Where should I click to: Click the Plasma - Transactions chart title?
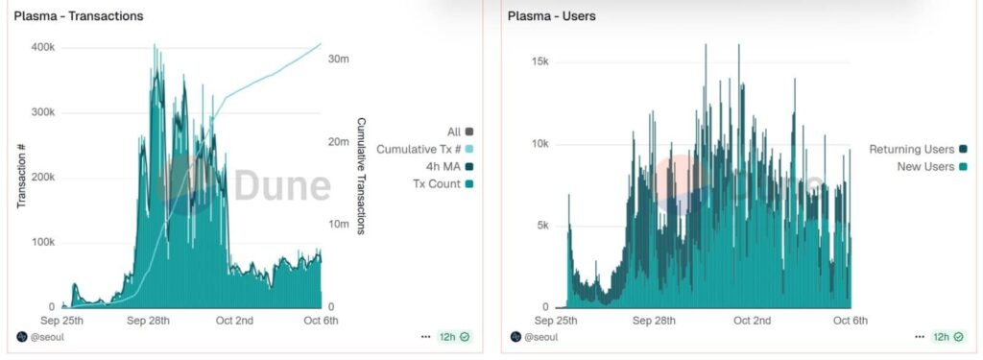(79, 16)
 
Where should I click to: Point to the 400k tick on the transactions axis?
(42, 47)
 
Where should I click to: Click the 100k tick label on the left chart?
(42, 241)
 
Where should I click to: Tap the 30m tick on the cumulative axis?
(338, 60)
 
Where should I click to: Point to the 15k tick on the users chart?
(540, 61)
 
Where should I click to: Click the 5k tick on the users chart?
(542, 226)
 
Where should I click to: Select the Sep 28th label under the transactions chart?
(148, 320)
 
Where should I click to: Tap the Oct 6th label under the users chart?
(850, 320)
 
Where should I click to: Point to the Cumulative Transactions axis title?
(362, 176)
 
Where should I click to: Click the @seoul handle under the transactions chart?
(47, 337)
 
